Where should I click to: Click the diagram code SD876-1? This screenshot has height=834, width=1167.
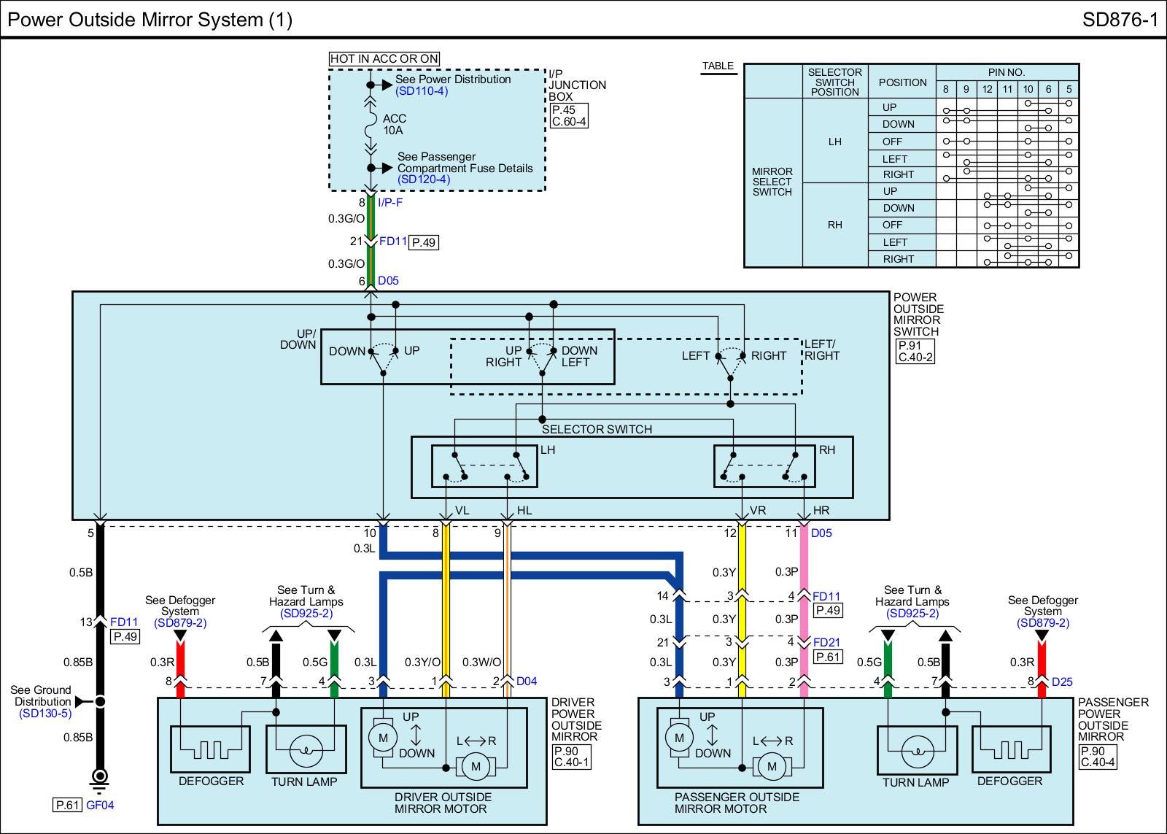click(1120, 20)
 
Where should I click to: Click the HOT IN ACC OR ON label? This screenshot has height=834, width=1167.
click(384, 59)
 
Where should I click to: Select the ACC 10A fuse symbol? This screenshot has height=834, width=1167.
click(371, 128)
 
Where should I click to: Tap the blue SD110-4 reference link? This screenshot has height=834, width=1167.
click(422, 91)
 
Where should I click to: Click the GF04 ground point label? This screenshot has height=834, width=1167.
click(100, 806)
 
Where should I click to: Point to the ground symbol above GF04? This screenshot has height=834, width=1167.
click(100, 779)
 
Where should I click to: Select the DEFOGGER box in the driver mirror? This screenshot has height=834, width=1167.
click(210, 749)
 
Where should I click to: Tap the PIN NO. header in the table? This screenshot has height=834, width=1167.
click(1007, 72)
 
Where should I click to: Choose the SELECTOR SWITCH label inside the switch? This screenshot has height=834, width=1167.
click(597, 430)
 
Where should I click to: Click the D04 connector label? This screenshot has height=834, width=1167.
click(527, 682)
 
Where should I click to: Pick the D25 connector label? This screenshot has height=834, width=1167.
click(1062, 682)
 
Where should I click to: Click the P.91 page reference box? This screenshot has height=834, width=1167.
click(910, 346)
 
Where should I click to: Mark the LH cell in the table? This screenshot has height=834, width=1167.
click(835, 142)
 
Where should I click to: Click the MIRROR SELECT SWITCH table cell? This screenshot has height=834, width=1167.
click(772, 182)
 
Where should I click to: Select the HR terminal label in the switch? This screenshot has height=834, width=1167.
click(821, 511)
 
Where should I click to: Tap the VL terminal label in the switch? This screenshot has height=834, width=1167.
click(462, 511)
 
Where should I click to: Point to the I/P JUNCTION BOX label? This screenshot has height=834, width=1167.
click(576, 85)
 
